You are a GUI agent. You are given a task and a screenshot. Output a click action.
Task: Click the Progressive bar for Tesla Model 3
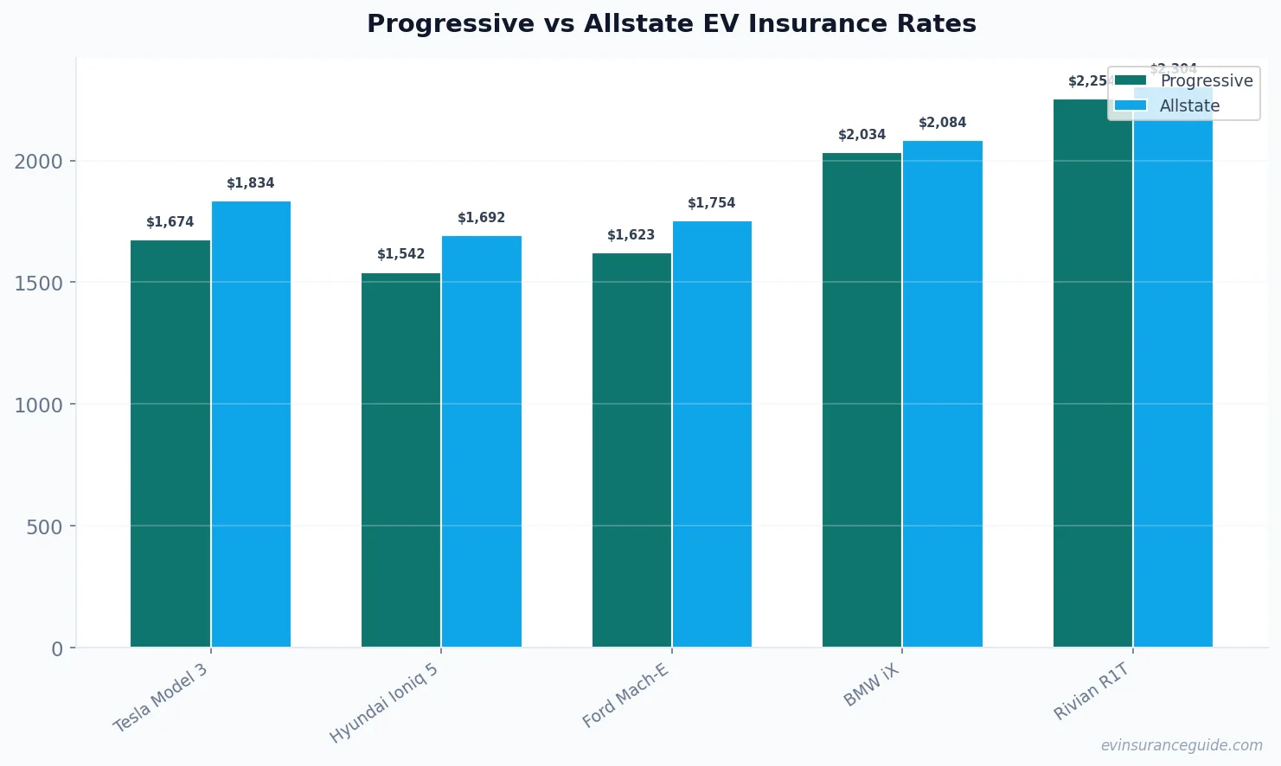click(x=170, y=444)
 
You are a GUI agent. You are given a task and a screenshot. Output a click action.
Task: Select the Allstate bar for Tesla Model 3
click(x=251, y=424)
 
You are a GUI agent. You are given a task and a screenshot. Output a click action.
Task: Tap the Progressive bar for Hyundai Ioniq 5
click(x=400, y=460)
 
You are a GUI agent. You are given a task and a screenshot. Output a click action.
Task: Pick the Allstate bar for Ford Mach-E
click(x=712, y=434)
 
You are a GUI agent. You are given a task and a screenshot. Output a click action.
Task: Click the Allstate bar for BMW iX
click(x=943, y=393)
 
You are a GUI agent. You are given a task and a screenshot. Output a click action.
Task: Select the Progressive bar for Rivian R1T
click(x=1092, y=373)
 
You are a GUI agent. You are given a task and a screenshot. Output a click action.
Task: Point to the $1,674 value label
click(x=170, y=222)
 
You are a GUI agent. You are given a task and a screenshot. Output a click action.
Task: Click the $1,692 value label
click(x=481, y=218)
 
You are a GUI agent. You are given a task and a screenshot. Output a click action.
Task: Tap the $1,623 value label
click(x=631, y=235)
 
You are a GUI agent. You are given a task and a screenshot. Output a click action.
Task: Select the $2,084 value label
click(x=942, y=123)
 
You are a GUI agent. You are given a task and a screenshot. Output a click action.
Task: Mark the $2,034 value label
click(x=861, y=135)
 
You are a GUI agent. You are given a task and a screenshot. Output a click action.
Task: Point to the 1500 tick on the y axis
click(x=38, y=284)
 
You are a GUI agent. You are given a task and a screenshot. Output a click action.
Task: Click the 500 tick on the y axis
click(x=44, y=527)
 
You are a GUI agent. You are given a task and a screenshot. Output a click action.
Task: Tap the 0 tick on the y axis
click(x=57, y=649)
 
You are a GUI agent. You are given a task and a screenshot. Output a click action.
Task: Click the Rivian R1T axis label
click(x=1092, y=691)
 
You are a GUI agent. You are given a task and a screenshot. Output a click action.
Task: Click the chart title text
click(x=671, y=23)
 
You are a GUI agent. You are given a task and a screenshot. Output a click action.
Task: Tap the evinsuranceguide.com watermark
click(x=1181, y=745)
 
